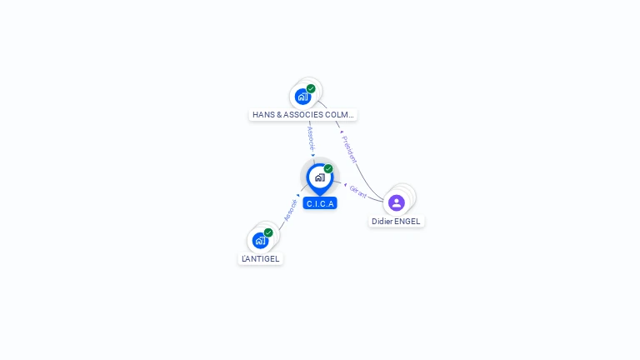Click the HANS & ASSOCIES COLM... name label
click(303, 115)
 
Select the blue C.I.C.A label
click(320, 203)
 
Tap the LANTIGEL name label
click(260, 258)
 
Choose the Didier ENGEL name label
click(397, 222)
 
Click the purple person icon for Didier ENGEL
click(397, 202)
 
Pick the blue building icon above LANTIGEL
click(260, 241)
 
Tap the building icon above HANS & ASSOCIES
click(302, 96)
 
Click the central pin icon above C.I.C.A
click(319, 177)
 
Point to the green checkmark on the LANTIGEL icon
click(268, 232)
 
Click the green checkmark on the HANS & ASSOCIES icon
click(311, 88)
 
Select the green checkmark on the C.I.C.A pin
click(328, 168)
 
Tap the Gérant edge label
click(358, 191)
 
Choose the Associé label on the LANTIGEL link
click(290, 209)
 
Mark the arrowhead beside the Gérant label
click(345, 184)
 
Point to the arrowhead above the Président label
click(341, 132)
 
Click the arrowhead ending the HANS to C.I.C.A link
click(313, 155)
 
